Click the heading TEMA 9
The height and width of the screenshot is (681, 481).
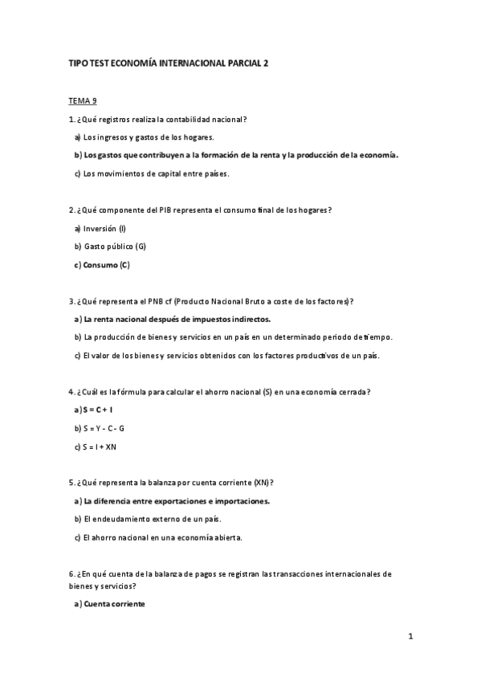click(x=83, y=100)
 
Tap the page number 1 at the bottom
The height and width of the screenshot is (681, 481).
click(x=410, y=637)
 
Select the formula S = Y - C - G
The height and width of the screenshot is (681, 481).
click(x=104, y=428)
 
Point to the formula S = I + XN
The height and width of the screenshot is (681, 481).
click(x=100, y=447)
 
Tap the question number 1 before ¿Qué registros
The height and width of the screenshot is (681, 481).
click(x=71, y=120)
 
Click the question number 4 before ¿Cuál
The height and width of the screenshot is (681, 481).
click(x=71, y=392)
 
